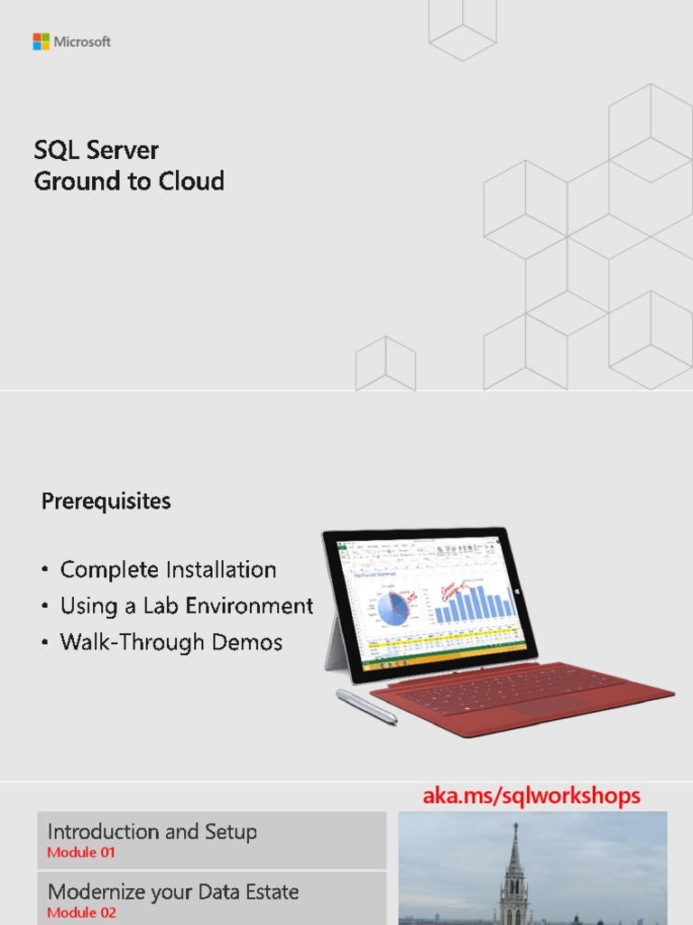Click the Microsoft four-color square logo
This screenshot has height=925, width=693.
tap(42, 42)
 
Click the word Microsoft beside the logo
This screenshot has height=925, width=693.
tap(82, 42)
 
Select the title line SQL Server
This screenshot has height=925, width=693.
tap(96, 150)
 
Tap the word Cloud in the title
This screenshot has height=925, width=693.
tap(191, 182)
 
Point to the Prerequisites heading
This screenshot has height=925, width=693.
tap(106, 501)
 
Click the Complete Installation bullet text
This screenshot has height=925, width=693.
tap(168, 570)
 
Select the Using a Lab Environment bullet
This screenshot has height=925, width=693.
tap(186, 606)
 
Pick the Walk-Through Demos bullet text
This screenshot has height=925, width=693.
tap(171, 642)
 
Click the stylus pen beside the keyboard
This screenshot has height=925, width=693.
tap(366, 706)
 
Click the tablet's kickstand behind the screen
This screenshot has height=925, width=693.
tap(336, 641)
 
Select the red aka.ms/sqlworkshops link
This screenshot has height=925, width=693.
tap(531, 796)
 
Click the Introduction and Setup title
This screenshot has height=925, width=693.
tap(152, 832)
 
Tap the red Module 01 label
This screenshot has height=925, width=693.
tap(81, 853)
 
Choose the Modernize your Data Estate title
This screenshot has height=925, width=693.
tap(172, 892)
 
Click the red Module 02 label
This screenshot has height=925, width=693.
tap(81, 912)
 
